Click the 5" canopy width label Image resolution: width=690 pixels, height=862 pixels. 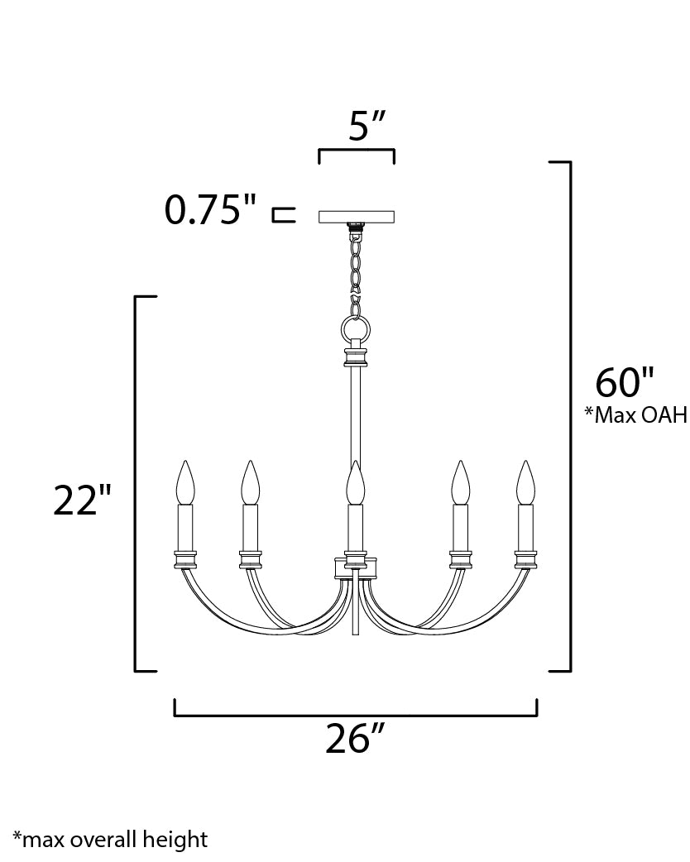[x=367, y=126]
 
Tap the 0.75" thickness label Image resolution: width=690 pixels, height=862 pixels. [x=211, y=211]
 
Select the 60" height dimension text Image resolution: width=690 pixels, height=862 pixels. [x=625, y=382]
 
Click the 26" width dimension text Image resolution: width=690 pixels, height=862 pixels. [x=357, y=739]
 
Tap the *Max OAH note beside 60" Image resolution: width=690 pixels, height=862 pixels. [x=635, y=414]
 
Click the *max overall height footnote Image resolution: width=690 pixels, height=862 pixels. [x=110, y=840]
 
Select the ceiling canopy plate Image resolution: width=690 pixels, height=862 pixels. [x=357, y=217]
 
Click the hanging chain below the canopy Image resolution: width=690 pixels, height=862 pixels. [x=357, y=265]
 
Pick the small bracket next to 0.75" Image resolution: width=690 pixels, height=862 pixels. [x=283, y=216]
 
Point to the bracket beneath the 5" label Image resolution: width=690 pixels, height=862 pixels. [x=357, y=153]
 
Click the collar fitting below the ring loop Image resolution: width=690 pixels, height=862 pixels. [x=356, y=357]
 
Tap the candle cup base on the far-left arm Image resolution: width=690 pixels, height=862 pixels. [x=185, y=559]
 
